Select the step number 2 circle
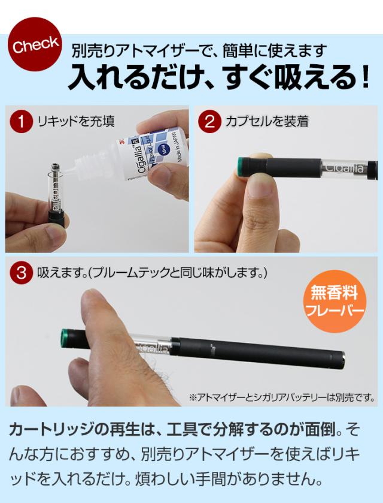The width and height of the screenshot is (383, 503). pyautogui.click(x=209, y=122)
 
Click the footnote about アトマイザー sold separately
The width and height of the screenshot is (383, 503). pyautogui.click(x=281, y=397)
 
